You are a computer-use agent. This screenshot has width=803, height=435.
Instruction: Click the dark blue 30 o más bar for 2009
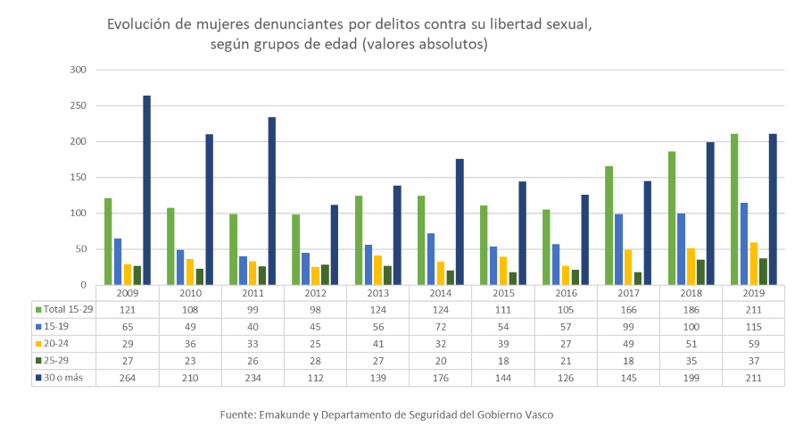(146, 190)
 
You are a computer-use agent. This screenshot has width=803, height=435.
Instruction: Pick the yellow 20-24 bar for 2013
(378, 270)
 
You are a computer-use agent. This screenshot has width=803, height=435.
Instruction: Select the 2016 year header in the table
(567, 292)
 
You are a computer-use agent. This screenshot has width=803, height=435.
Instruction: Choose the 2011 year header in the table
(253, 292)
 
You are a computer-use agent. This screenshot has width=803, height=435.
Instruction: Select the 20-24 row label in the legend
(56, 344)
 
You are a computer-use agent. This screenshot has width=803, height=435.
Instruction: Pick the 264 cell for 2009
(128, 379)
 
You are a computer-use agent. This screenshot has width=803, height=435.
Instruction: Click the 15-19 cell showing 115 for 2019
(754, 327)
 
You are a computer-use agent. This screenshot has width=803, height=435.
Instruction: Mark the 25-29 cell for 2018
(691, 362)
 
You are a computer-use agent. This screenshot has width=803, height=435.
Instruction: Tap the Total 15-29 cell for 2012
(316, 309)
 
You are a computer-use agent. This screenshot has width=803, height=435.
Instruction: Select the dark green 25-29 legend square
(38, 362)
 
